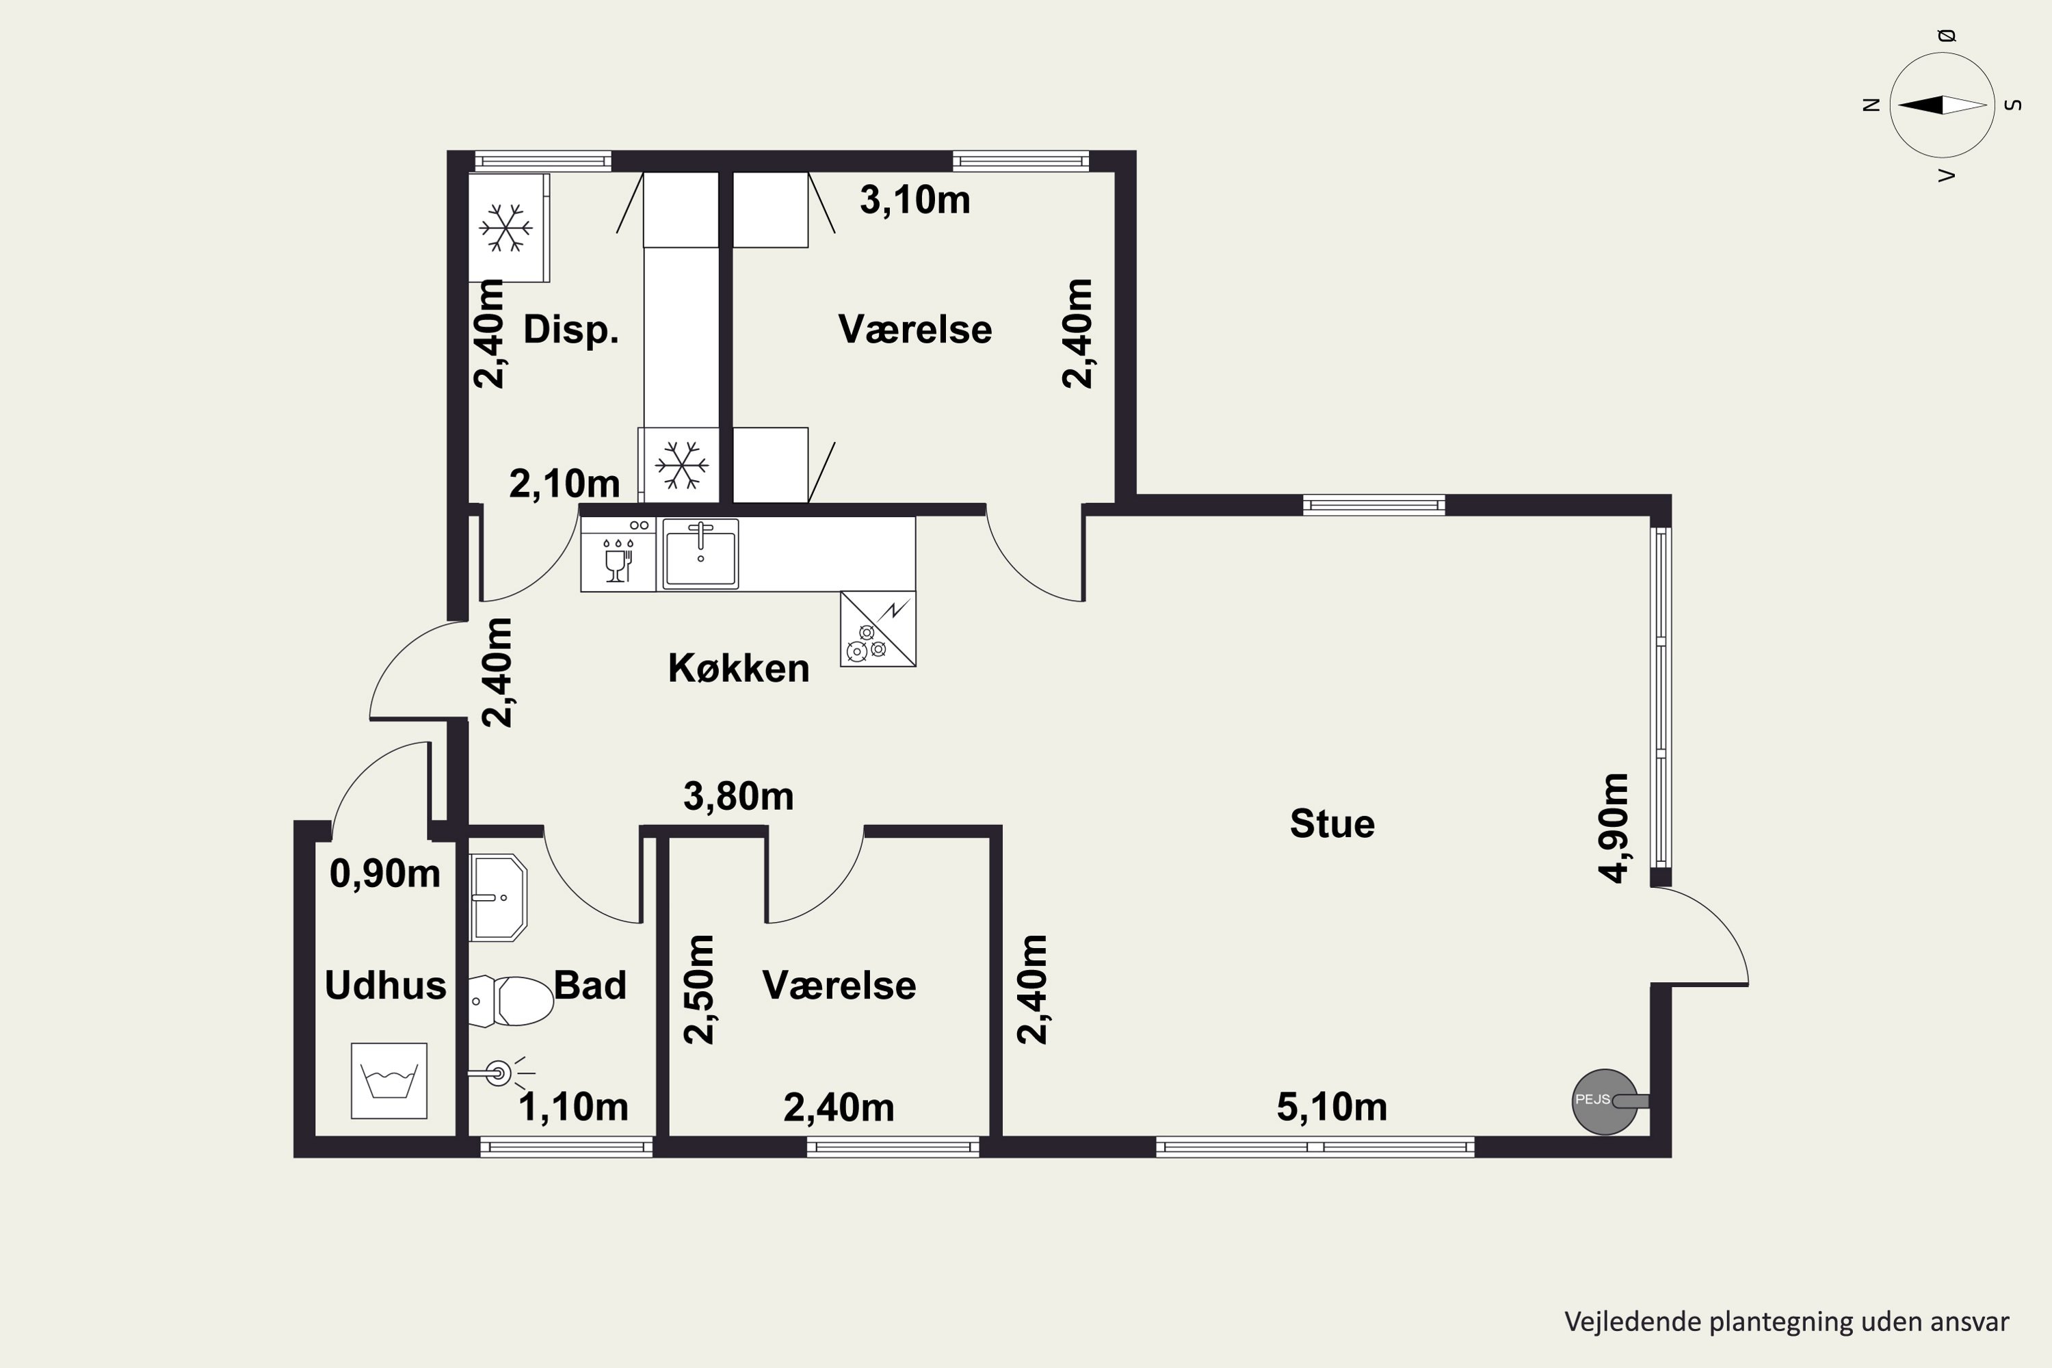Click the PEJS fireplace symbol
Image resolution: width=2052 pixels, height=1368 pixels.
point(1605,1102)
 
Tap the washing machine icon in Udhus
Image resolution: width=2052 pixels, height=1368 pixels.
point(389,1080)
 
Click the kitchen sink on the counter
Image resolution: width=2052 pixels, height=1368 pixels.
point(700,554)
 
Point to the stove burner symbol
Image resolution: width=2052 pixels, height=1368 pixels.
point(878,629)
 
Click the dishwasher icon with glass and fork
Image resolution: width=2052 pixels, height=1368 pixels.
point(618,555)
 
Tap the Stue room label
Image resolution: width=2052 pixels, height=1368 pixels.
point(1332,824)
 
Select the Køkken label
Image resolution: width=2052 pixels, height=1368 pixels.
point(738,668)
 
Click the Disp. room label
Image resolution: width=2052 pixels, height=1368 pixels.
point(570,330)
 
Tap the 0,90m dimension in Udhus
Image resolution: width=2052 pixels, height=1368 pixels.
point(384,873)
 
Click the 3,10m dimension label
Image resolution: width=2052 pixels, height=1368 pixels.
point(915,200)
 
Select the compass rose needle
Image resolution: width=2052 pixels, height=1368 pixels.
point(1943,105)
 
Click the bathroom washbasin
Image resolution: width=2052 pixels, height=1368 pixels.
point(498,897)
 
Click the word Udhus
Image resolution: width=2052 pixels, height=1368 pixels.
point(384,986)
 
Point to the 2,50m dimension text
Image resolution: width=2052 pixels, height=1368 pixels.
point(699,989)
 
